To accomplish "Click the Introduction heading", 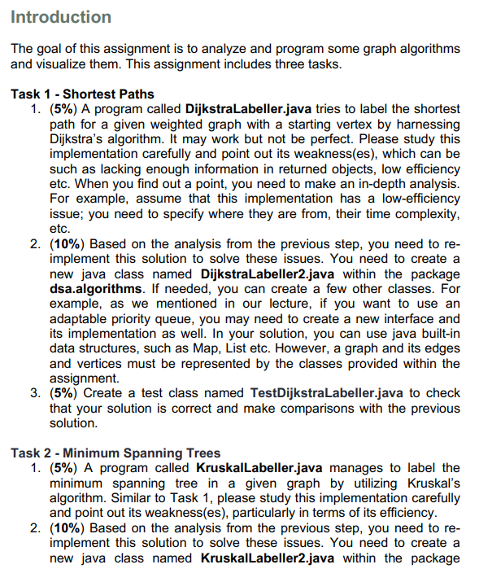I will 61,17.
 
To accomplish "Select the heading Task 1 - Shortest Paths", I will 82,94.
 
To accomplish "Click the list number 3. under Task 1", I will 36,393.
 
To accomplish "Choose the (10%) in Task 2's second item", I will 67,527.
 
